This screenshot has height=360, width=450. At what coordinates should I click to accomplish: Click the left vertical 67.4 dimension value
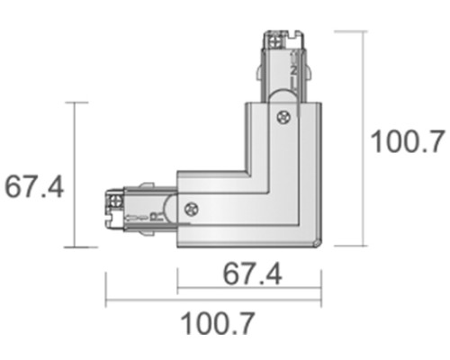33,186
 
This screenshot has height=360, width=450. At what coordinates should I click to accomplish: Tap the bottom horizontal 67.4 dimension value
248,273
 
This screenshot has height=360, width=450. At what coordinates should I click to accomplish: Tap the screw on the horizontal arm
191,208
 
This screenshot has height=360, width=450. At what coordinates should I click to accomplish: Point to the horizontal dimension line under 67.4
248,291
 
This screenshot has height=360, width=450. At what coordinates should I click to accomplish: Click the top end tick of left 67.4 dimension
79,102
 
